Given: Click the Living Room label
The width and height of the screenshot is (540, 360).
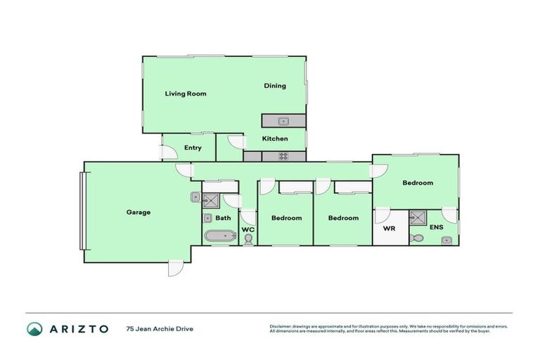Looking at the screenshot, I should pos(186,93).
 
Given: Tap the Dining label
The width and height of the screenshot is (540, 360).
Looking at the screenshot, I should pos(275,86).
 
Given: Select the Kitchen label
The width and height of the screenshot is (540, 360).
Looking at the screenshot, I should pos(275,139).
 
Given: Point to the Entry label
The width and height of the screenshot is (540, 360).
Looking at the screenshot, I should pos(193,148).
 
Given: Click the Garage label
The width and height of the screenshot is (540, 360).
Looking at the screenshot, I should pos(139,212).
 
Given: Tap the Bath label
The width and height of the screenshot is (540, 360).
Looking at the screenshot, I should pos(223,218).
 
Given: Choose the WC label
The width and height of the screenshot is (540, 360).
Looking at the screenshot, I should pos(247,229).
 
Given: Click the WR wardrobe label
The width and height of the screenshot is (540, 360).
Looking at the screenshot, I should pos(389,229).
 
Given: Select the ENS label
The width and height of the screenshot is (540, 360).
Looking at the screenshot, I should pos(436,228).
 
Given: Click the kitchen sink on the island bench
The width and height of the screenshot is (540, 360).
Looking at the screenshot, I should pos(283,121).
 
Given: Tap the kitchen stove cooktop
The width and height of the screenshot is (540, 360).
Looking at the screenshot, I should pos(283,157).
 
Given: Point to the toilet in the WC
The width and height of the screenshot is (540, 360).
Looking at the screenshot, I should pos(248,240).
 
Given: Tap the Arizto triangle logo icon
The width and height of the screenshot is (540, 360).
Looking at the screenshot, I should pos(34,328).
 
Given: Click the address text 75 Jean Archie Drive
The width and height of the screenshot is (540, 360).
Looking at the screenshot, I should pos(159,328).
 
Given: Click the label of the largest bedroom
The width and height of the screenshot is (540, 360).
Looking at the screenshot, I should pos(418,183).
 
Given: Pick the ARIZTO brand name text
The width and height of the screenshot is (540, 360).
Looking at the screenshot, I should pos(78,328).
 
